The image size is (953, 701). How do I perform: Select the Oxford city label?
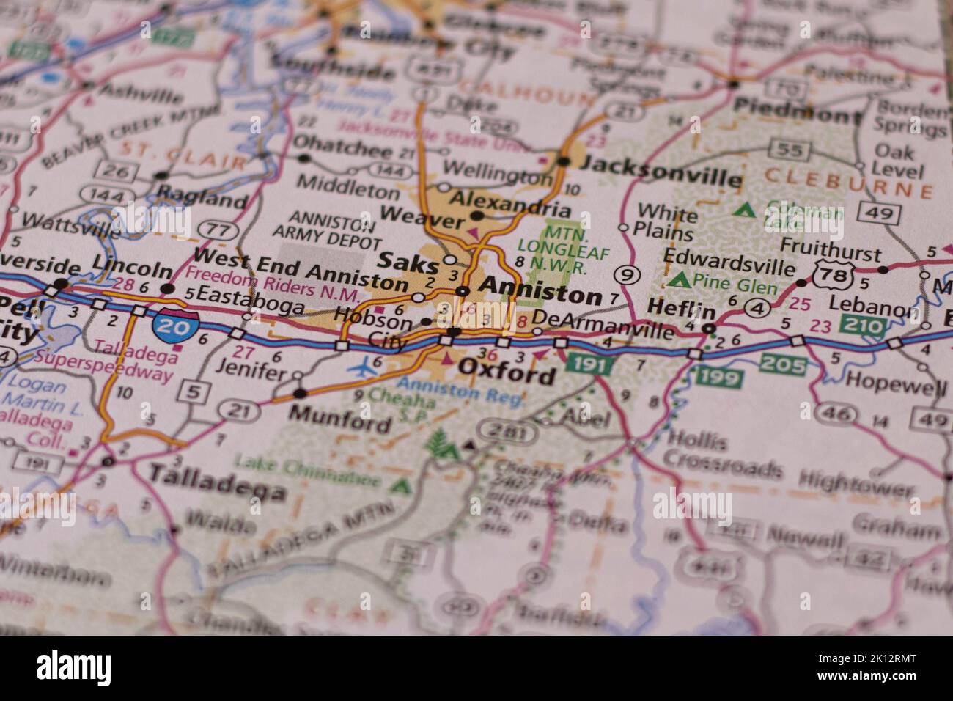click(x=507, y=375)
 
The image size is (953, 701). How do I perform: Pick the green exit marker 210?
click(x=864, y=323)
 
